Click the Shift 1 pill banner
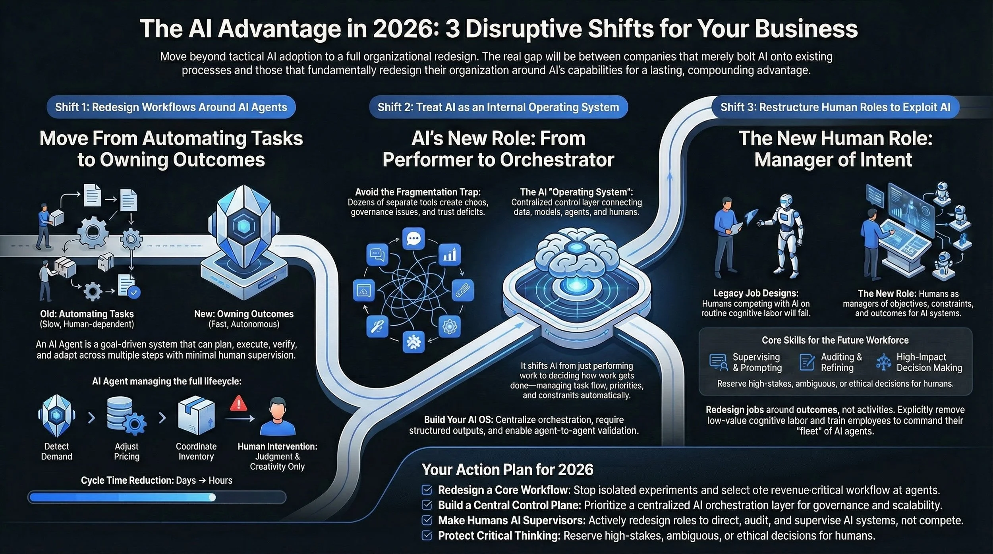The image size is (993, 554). tap(171, 107)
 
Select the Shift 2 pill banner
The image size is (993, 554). tap(498, 107)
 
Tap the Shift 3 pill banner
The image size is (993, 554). tap(835, 107)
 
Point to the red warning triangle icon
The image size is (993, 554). tap(239, 403)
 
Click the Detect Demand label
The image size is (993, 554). tap(56, 451)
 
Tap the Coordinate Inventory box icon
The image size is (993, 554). tap(196, 417)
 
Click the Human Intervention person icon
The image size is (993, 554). tap(277, 417)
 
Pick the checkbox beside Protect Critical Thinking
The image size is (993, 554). tap(427, 536)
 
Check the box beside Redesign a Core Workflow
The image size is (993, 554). tap(427, 490)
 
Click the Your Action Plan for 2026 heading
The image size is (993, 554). tap(507, 470)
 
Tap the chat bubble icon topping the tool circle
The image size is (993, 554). tap(413, 239)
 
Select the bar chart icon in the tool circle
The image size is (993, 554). tap(449, 255)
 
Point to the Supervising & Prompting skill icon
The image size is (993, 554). tap(718, 362)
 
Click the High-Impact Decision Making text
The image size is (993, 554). tap(929, 362)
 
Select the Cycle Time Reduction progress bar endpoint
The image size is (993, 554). tap(213, 497)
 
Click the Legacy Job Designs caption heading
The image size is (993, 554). tap(755, 293)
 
